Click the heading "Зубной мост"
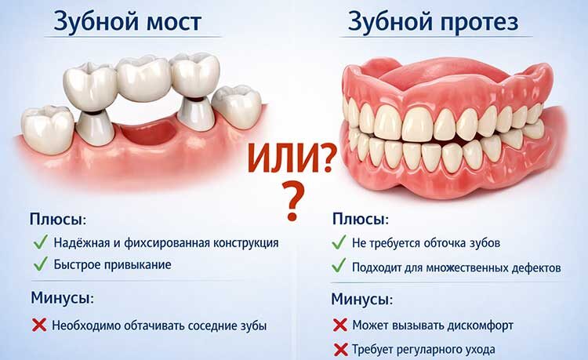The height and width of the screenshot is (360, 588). click(127, 21)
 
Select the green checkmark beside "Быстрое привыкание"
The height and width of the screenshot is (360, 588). click(39, 264)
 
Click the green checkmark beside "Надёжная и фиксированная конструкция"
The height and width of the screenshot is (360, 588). click(39, 242)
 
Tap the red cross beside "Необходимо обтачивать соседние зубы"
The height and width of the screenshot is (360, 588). click(39, 325)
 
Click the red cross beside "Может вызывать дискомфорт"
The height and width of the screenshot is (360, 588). click(340, 325)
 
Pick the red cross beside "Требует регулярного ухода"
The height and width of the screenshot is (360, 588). click(340, 349)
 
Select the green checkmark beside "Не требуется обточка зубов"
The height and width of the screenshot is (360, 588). click(339, 242)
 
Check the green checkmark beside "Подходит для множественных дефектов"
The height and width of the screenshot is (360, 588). click(339, 267)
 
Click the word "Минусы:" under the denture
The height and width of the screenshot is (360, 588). click(361, 299)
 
